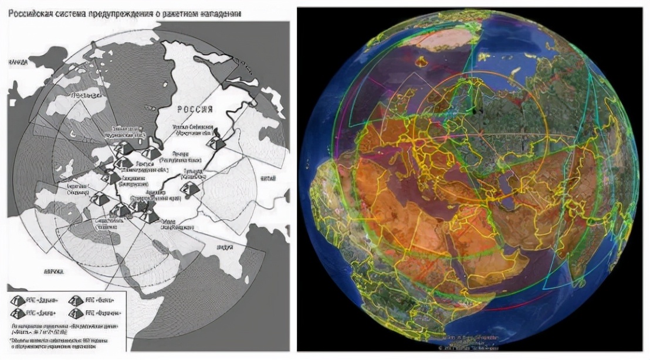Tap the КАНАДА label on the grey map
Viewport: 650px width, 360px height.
coord(17,62)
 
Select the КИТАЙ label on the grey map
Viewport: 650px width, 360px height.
coord(268,176)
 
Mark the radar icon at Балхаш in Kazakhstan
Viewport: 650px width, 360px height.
coord(189,189)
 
